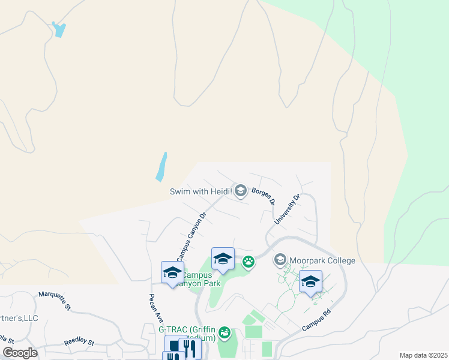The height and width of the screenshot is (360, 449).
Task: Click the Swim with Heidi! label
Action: [201, 192]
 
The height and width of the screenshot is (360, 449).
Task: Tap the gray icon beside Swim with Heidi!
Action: [241, 191]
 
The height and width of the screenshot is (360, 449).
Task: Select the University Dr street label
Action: [287, 209]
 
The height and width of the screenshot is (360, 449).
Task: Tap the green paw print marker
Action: [248, 261]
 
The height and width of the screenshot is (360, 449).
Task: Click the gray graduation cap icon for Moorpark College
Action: [280, 260]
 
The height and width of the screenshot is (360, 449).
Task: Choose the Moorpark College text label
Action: [322, 261]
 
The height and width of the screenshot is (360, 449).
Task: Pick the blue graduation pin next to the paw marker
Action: [223, 259]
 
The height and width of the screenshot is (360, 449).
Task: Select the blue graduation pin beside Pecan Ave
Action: [172, 272]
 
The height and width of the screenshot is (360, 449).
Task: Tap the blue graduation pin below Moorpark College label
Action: [310, 281]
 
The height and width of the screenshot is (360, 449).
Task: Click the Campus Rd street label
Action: [316, 321]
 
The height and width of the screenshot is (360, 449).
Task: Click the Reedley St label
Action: [79, 343]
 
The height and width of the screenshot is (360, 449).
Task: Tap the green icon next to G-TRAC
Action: [224, 332]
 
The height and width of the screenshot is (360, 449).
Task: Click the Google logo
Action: [20, 353]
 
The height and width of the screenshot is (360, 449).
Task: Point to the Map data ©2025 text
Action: [423, 355]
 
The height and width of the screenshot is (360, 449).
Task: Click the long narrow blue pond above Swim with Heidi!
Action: [161, 167]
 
